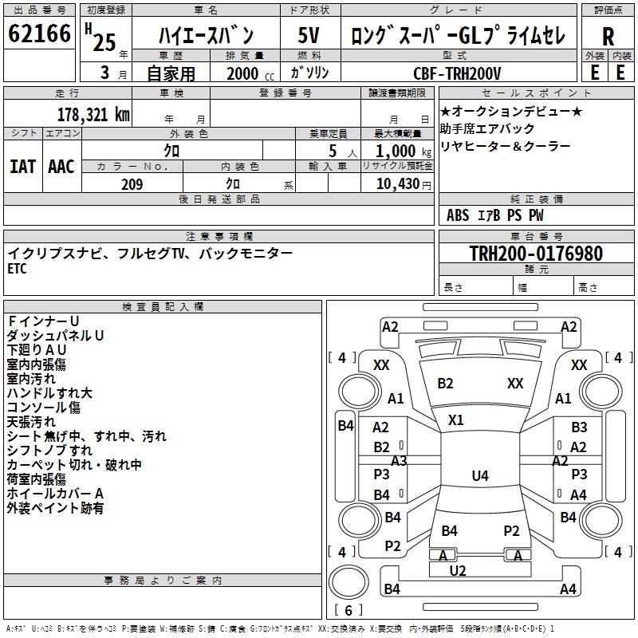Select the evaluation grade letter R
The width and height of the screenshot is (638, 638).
608,37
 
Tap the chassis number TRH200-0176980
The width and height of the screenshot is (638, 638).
535,254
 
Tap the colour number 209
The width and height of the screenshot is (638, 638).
132,184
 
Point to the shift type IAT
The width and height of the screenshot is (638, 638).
22,167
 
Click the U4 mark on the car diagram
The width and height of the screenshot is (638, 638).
479,476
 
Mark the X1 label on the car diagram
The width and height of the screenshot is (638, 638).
456,419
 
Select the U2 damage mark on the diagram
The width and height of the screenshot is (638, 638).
458,570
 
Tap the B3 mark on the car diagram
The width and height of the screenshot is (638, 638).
579,427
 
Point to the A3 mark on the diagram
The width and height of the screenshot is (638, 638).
399,460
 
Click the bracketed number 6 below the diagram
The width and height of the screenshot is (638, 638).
348,610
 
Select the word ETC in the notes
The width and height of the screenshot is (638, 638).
18,270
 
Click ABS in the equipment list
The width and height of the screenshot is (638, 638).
458,215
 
